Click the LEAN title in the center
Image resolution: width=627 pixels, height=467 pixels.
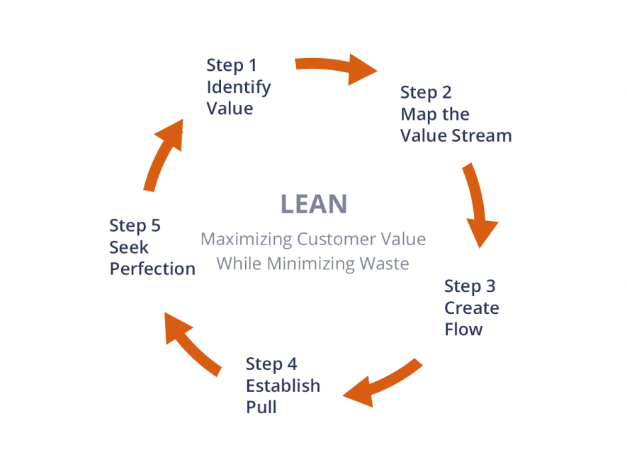coord(314,204)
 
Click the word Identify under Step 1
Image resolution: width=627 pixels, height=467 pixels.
coord(238,87)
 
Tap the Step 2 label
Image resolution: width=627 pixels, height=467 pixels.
coord(426,92)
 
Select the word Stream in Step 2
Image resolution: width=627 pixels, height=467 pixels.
coord(481,135)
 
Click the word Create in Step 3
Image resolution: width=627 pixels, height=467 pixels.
coord(471,308)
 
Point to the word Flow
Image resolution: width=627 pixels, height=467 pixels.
coord(463,330)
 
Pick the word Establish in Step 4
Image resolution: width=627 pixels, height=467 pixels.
coord(283,386)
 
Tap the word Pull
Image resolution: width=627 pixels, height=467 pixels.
coord(261,407)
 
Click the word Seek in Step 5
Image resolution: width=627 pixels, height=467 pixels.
coord(128,248)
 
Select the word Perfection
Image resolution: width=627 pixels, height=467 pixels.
coord(152,269)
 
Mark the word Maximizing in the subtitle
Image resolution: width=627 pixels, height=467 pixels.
coord(246,239)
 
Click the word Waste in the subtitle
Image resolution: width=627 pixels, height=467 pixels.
coord(383,264)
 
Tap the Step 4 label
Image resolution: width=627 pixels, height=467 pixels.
coord(271,364)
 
